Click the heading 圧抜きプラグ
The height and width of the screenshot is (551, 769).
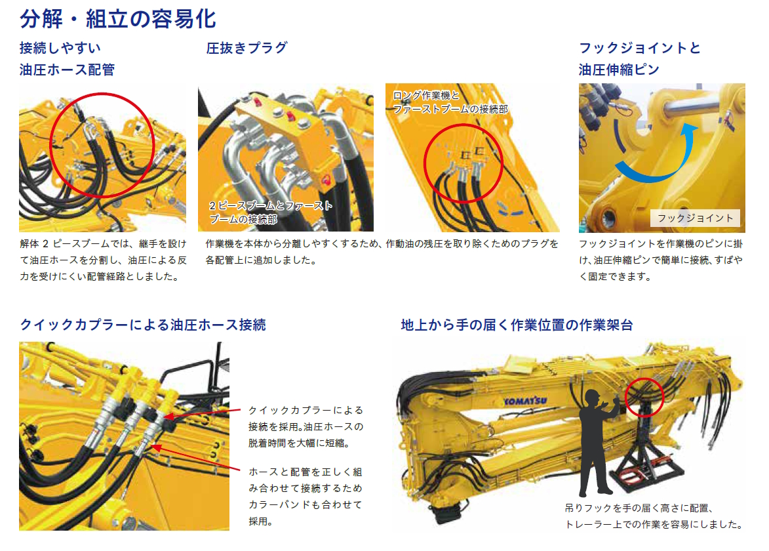[x=246, y=48]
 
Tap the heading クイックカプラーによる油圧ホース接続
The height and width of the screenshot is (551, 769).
[x=143, y=325]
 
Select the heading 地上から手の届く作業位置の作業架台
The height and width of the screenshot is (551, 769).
[x=517, y=325]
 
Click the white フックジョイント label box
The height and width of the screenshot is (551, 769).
[x=695, y=218]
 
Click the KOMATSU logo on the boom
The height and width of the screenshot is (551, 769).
[x=525, y=401]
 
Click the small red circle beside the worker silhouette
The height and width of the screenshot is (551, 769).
[x=644, y=398]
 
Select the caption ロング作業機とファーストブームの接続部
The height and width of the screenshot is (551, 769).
[x=450, y=102]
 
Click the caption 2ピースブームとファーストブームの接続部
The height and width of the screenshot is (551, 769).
[x=271, y=213]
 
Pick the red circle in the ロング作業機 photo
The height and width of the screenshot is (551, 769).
[x=463, y=163]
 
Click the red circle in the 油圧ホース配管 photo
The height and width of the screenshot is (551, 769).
[x=102, y=144]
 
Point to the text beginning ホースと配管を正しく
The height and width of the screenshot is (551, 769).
[x=305, y=496]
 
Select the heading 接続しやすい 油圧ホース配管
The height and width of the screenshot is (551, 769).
[x=67, y=59]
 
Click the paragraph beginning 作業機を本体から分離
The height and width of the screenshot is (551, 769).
[x=382, y=252]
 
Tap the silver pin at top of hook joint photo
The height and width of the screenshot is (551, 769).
[x=696, y=105]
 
